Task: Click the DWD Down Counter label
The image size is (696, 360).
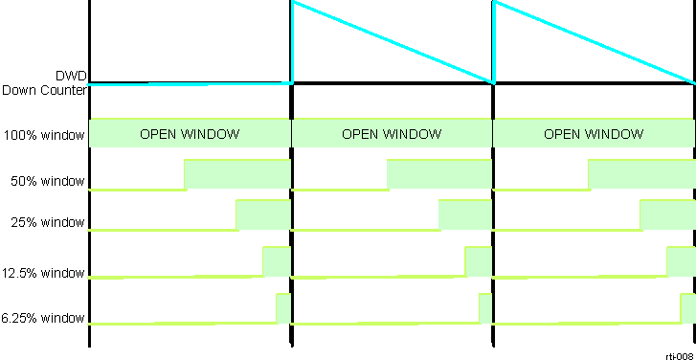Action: pos(45,81)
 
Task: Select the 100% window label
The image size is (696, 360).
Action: pos(44,135)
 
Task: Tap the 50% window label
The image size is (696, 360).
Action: pos(48,181)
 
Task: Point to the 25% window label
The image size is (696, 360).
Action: pos(48,223)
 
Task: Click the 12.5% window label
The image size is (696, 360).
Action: pos(44,273)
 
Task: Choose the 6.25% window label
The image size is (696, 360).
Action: pos(44,318)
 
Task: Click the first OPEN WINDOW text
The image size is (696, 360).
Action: pos(190,134)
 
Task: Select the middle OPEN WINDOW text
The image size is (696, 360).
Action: pos(392,134)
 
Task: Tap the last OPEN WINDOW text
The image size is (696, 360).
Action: pos(594,134)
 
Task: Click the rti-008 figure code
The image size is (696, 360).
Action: pos(679,354)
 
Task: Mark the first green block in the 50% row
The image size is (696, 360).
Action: pos(236,174)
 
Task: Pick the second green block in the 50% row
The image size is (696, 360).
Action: pos(439,174)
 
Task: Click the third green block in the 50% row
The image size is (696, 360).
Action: pos(640,174)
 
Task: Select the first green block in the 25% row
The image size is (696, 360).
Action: pos(262,215)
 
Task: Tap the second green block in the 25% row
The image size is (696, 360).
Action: pos(464,215)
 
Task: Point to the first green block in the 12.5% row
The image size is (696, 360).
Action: pos(276,261)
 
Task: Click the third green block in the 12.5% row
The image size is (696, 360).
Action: pos(680,261)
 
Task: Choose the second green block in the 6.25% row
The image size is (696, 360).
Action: pos(484,308)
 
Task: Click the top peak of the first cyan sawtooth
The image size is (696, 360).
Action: pos(293,2)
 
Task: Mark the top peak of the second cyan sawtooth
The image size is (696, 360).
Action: pos(494,2)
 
